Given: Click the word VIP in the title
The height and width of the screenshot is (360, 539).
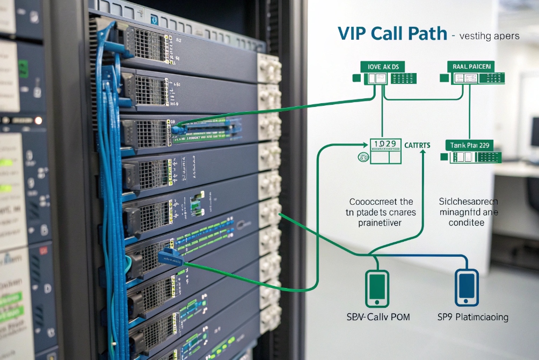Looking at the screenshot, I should [352, 33].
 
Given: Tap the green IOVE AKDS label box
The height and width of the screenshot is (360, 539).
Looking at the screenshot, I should [383, 67].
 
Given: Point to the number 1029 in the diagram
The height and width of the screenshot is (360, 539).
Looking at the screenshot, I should [384, 144].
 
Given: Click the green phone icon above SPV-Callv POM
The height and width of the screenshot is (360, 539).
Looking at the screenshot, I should [377, 287].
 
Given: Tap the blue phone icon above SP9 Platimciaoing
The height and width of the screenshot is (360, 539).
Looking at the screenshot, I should [467, 287].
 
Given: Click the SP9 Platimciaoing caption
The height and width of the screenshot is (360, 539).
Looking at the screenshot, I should [473, 316].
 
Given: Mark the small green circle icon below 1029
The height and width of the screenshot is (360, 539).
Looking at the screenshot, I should [363, 157].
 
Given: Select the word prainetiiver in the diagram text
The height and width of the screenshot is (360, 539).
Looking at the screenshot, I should [381, 222].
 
